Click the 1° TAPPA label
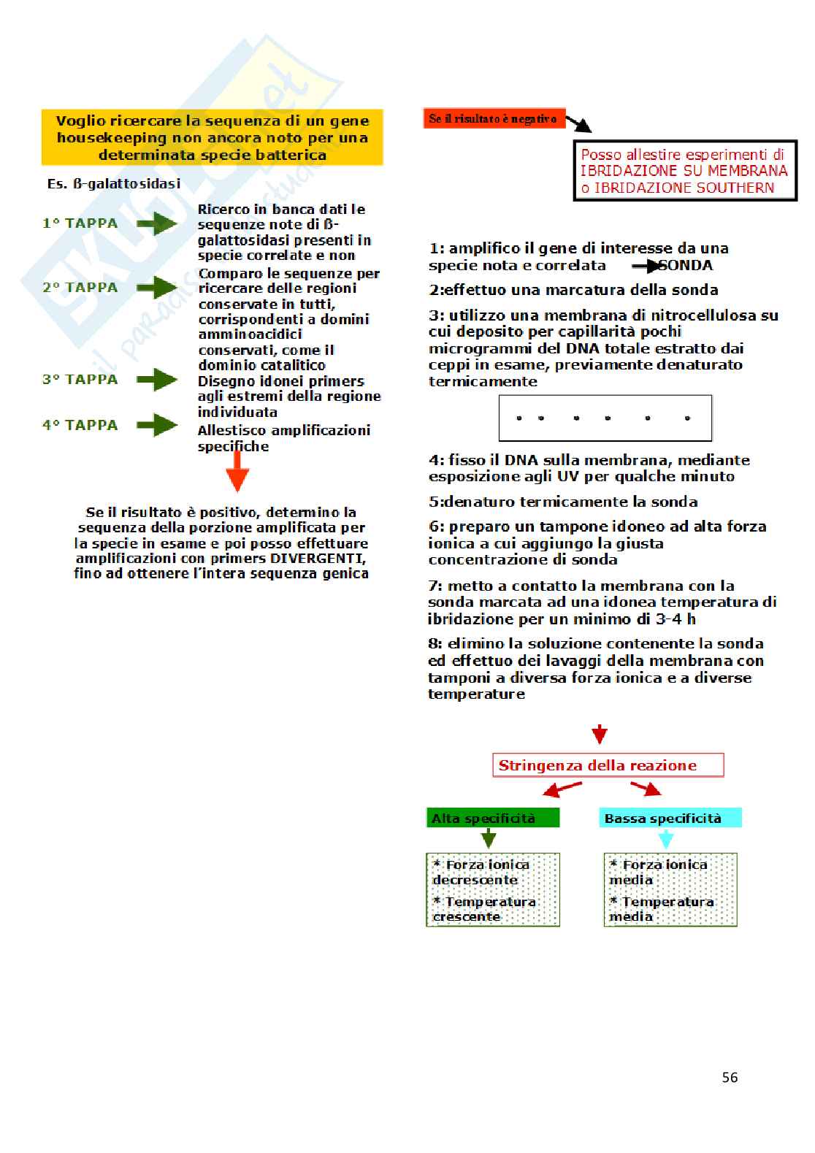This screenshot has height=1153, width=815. [80, 223]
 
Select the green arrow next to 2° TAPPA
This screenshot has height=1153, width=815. [157, 288]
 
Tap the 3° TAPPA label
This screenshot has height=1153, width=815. [80, 380]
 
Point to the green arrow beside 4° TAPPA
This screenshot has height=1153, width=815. [157, 425]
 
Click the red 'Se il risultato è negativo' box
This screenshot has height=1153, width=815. [494, 119]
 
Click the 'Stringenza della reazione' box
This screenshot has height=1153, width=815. [608, 765]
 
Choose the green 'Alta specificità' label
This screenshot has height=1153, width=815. [492, 819]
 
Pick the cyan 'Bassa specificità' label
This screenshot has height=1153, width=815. [670, 819]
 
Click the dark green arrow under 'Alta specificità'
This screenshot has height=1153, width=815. [489, 839]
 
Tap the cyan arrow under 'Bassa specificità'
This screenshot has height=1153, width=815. [665, 839]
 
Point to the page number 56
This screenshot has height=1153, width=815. [730, 1077]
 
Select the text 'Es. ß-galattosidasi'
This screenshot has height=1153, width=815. [114, 184]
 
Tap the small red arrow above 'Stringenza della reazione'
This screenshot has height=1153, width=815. [600, 735]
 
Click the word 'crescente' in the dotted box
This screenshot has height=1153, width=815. [467, 916]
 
